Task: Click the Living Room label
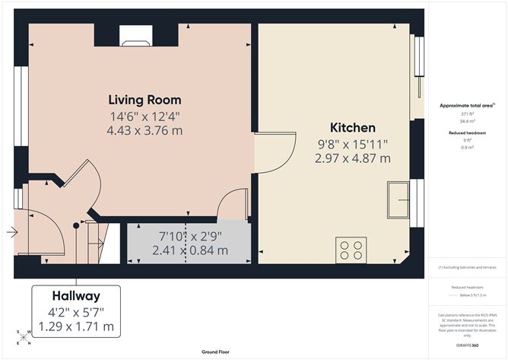coord(144,100)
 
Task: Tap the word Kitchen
coord(352,127)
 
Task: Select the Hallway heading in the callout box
coord(77,295)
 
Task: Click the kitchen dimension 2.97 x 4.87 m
coord(352,158)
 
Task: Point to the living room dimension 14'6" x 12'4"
coord(144,116)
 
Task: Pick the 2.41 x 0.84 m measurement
coord(189,250)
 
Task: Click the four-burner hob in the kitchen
coord(351,250)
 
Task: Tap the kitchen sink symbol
coord(398,199)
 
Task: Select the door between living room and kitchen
coord(275,151)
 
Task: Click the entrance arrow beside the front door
coord(10,232)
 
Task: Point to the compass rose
coord(24,336)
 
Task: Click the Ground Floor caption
coord(217,352)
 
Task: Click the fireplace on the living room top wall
coord(135,34)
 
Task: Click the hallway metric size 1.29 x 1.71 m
coord(77,327)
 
